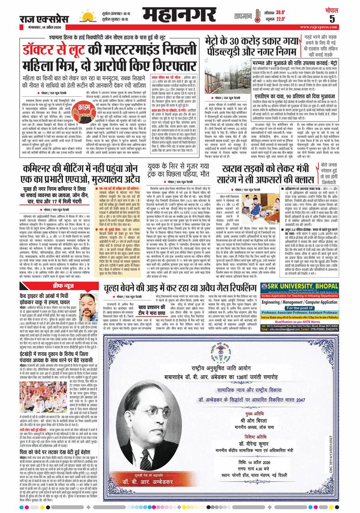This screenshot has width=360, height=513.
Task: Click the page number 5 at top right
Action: click(345, 19)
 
